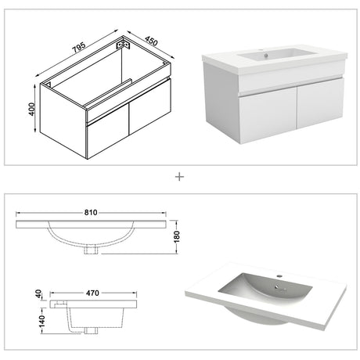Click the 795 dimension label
click(x=78, y=48)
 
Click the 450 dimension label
click(x=151, y=41)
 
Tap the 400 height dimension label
click(x=31, y=110)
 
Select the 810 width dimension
click(x=91, y=213)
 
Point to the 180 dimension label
click(x=177, y=236)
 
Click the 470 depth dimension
click(x=92, y=293)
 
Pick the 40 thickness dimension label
click(x=38, y=294)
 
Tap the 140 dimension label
click(x=41, y=321)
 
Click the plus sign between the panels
click(x=179, y=177)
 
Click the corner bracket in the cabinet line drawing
click(x=123, y=43)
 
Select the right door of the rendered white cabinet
click(x=320, y=103)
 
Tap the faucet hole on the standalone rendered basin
click(x=279, y=275)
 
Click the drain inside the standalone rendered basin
click(x=277, y=287)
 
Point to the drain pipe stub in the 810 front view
click(x=91, y=250)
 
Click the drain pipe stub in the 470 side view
click(x=91, y=330)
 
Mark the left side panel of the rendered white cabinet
click(x=221, y=103)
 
